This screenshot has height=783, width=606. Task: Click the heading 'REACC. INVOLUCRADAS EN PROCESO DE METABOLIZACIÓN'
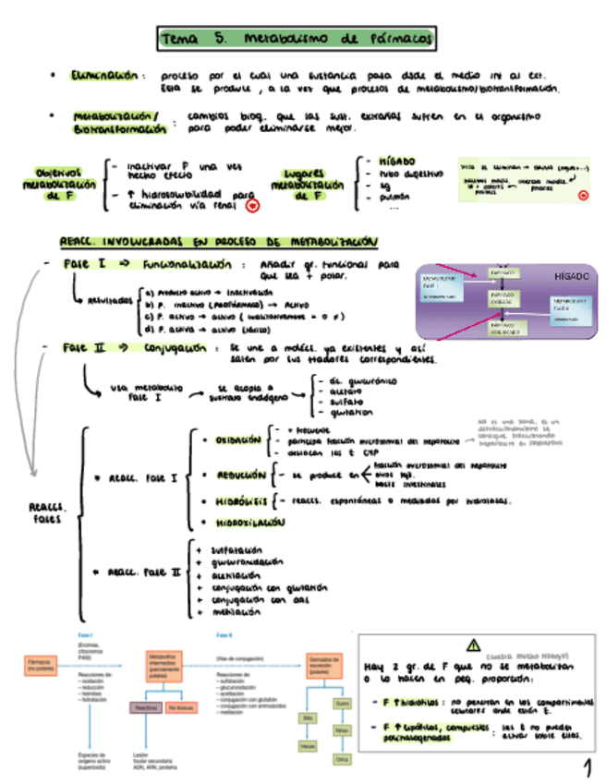218,242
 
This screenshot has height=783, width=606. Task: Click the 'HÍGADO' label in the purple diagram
562,276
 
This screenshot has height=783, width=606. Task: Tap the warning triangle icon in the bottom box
474,645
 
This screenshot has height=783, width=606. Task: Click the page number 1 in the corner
586,767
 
